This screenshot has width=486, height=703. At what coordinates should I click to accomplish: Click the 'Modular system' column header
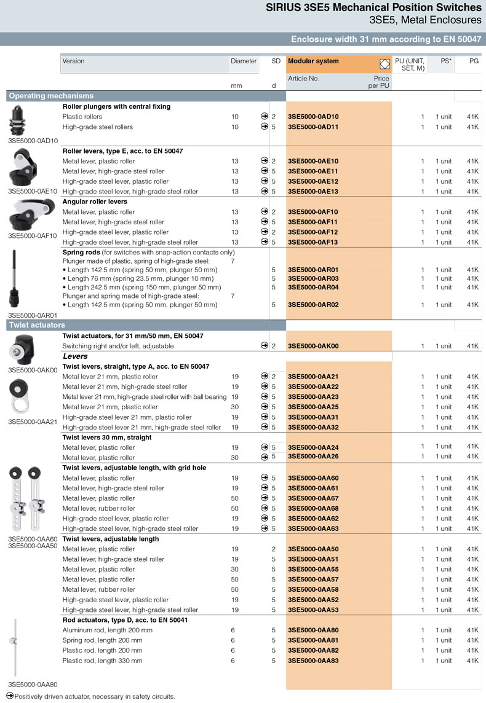coord(313,61)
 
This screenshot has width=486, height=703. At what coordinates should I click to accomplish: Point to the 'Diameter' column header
coord(244,61)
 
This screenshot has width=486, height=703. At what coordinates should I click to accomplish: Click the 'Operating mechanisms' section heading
coord(51,96)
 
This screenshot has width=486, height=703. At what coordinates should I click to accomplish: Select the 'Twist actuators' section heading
coord(37,325)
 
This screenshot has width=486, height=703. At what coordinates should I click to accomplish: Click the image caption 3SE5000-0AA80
coord(33,684)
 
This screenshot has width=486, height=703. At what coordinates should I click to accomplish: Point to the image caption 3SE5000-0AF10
coord(33,235)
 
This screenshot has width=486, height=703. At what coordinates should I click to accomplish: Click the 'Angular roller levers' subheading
coord(95,202)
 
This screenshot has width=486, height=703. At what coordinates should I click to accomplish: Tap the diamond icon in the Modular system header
coord(385,63)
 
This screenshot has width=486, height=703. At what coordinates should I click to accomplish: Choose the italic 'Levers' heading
coord(75,356)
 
